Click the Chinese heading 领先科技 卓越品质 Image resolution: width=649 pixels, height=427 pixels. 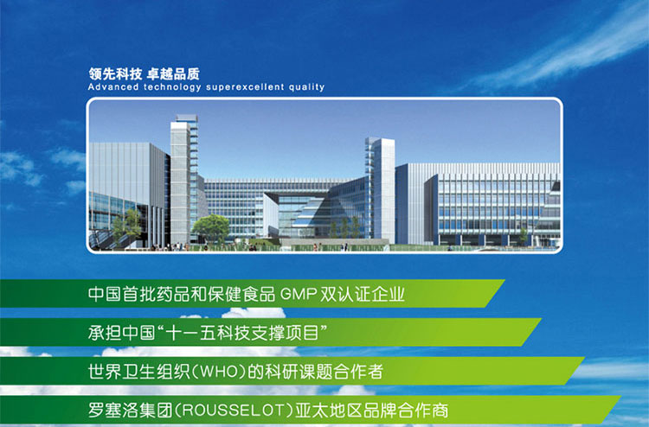[144, 74]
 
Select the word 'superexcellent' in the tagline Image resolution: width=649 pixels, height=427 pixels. [245, 87]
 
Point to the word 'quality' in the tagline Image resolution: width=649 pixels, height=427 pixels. [306, 87]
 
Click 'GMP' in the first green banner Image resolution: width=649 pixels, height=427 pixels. [299, 294]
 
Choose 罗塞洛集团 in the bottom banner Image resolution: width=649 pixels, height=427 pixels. [130, 411]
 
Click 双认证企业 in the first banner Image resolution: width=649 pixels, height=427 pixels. [363, 294]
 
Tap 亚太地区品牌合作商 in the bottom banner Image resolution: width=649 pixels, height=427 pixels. [372, 411]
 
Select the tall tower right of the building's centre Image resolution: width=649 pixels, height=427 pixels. [380, 189]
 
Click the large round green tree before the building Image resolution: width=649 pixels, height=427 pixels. [210, 227]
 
